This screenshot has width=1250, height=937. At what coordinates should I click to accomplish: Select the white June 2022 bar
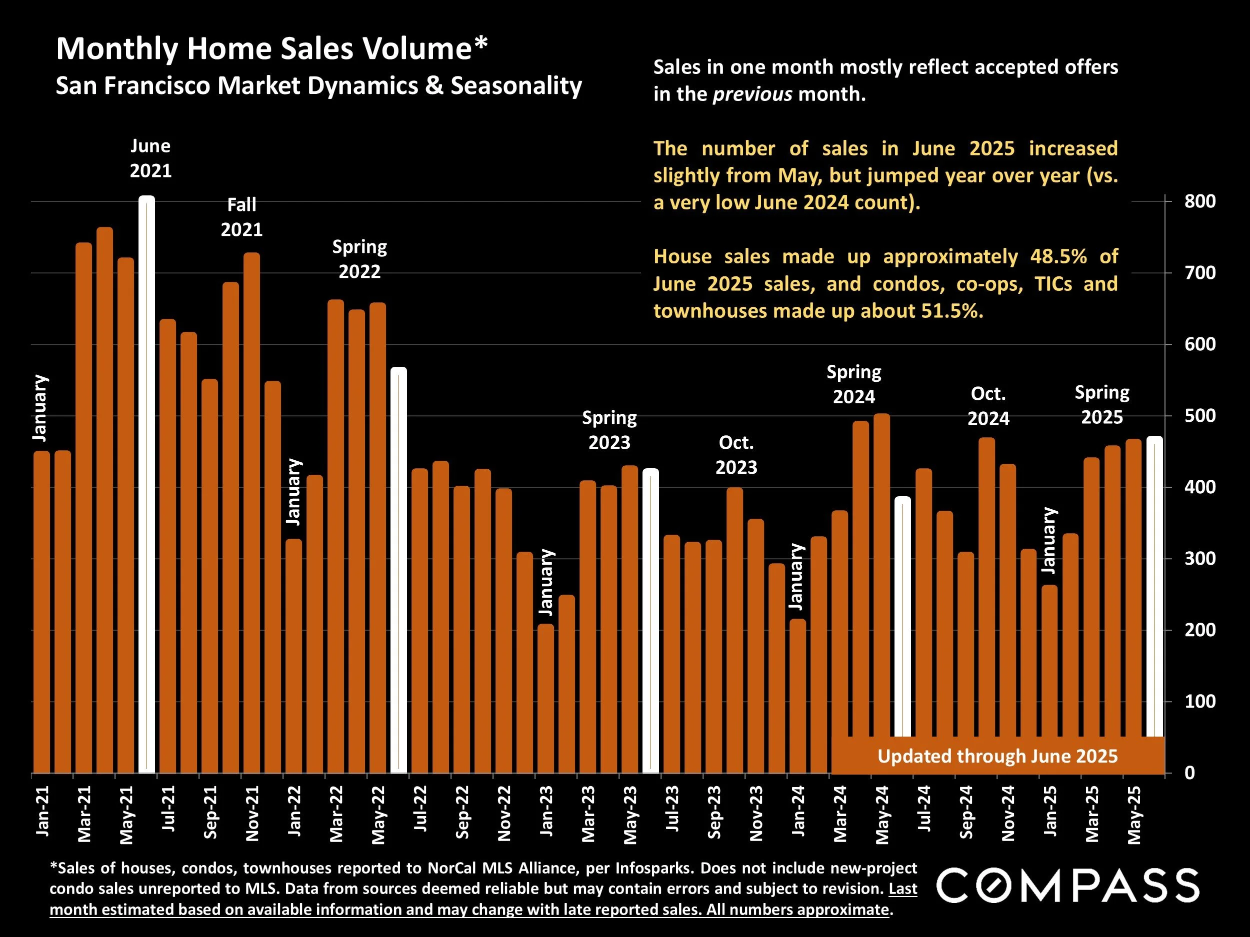[x=399, y=571]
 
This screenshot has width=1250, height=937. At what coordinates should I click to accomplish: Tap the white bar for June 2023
[x=651, y=621]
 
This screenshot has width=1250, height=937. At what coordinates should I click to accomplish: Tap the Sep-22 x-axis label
[x=462, y=812]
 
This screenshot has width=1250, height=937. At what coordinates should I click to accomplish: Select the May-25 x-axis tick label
[x=1134, y=814]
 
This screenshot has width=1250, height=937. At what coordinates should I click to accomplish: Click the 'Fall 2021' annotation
[x=242, y=217]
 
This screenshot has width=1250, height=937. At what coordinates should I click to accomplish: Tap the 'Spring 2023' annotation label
[x=609, y=430]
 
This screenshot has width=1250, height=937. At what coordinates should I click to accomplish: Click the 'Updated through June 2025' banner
[x=997, y=756]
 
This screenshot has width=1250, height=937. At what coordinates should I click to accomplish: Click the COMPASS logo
[x=1067, y=885]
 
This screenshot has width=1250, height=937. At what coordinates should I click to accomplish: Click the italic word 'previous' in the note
[x=752, y=94]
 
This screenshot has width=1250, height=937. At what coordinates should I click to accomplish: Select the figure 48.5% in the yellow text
[x=1058, y=256]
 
